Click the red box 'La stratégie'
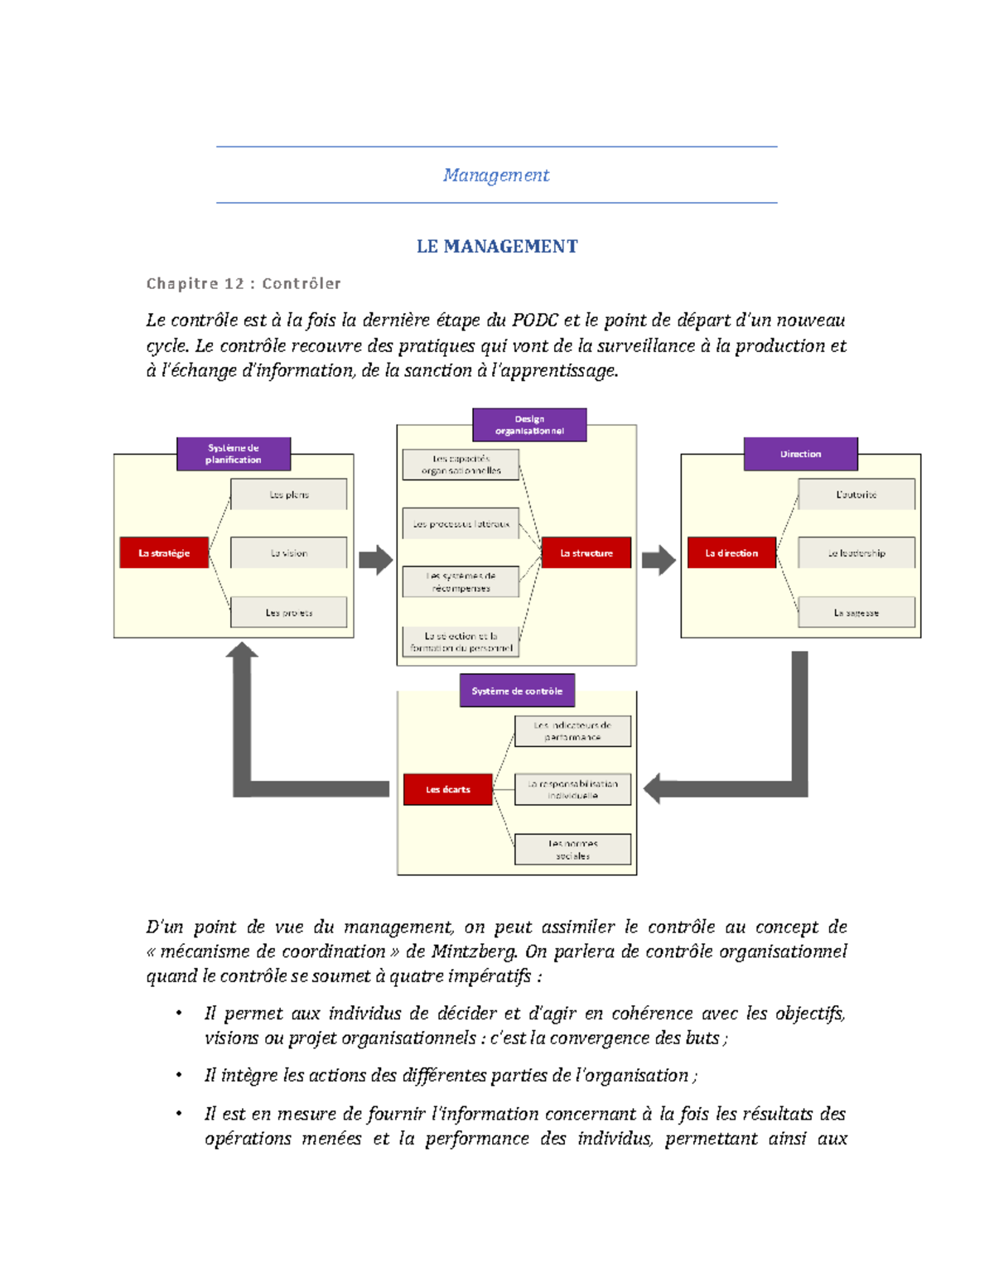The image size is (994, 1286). (x=164, y=553)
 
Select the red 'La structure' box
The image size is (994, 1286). (x=586, y=553)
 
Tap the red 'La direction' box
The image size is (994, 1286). (x=731, y=553)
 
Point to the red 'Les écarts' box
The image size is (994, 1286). (x=448, y=790)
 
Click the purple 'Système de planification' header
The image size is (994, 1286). (x=234, y=454)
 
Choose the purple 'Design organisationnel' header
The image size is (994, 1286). (x=529, y=425)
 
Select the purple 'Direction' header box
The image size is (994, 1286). (x=800, y=454)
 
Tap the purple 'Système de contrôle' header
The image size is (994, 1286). (x=517, y=691)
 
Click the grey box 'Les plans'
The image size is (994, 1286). (x=289, y=494)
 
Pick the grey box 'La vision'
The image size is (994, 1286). (x=289, y=553)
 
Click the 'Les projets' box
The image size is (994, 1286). (x=289, y=613)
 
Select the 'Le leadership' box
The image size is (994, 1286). (x=856, y=553)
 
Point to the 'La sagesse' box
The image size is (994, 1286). (x=856, y=613)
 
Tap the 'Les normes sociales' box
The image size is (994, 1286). (x=572, y=850)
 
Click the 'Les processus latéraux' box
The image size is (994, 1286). (x=461, y=524)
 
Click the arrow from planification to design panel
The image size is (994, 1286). (x=376, y=560)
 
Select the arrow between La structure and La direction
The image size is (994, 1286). (x=659, y=560)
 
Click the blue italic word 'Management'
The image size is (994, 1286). (x=496, y=176)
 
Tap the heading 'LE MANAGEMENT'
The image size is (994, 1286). (x=497, y=247)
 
